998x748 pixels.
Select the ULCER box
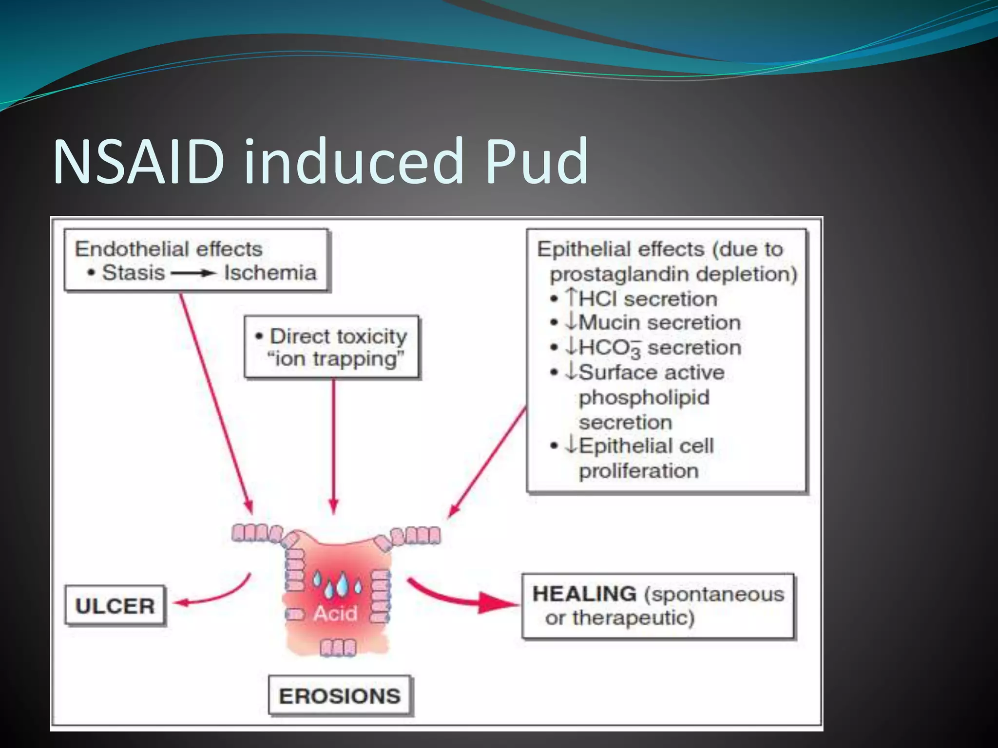point(115,606)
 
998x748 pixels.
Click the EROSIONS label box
point(340,696)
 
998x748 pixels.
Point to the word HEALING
point(584,594)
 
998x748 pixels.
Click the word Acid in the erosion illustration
point(335,613)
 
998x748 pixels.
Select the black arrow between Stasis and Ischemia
point(193,273)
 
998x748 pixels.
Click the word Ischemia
point(270,273)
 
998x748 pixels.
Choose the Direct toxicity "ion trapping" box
point(332,347)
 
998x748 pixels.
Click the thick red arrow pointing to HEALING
point(463,597)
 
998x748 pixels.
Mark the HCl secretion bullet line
point(642,299)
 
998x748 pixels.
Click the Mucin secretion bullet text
point(653,322)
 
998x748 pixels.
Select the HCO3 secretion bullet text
point(653,348)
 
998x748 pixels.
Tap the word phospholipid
point(644,397)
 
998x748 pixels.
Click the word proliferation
point(638,471)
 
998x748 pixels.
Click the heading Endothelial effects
point(169,249)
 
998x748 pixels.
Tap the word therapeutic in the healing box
point(633,618)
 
